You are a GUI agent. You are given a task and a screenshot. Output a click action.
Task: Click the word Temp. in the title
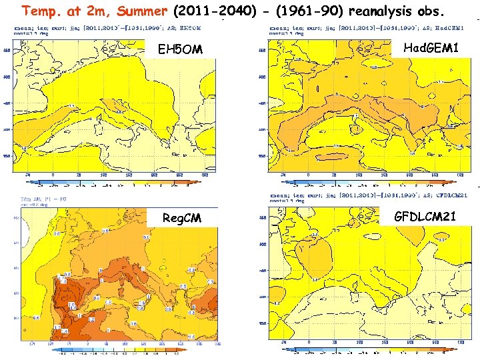point(39,11)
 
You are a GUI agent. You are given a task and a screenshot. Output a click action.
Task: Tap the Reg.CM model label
point(181,219)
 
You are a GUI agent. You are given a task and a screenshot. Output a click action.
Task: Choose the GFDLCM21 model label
point(425,217)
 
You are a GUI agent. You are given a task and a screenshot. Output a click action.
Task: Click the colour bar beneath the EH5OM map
point(115,182)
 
